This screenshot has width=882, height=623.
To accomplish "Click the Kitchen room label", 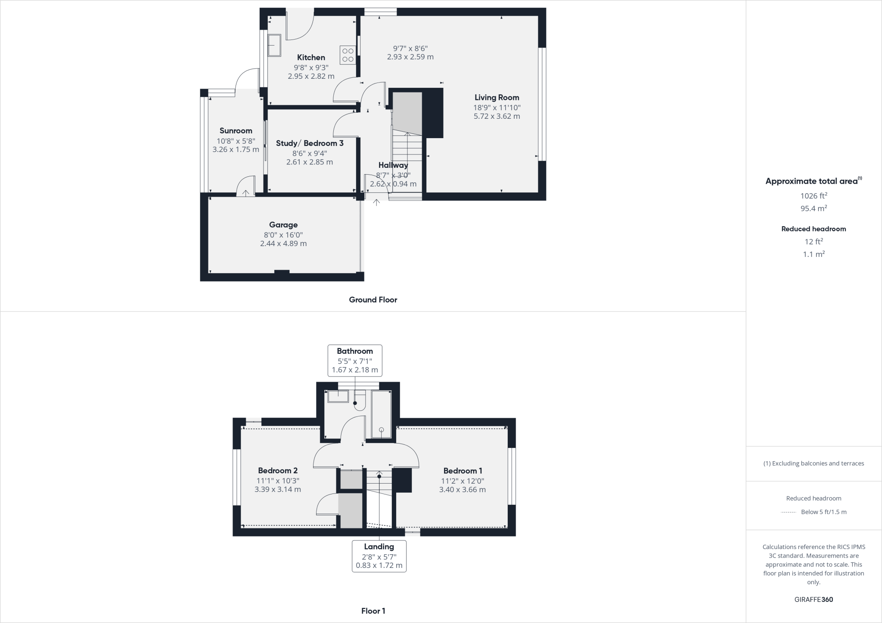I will pyautogui.click(x=311, y=58).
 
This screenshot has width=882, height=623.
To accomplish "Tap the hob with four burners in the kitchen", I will pyautogui.click(x=348, y=55).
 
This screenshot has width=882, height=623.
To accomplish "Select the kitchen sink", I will pyautogui.click(x=274, y=46).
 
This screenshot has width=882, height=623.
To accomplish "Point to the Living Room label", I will pyautogui.click(x=497, y=98).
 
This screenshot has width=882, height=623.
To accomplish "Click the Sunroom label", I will pyautogui.click(x=236, y=131).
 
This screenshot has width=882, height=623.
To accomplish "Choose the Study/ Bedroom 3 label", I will pyautogui.click(x=310, y=143).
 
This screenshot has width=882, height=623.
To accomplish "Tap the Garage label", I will pyautogui.click(x=283, y=225).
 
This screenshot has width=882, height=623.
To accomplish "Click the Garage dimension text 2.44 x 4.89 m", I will pyautogui.click(x=283, y=244).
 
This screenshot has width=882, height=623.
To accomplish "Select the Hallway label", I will pyautogui.click(x=393, y=165).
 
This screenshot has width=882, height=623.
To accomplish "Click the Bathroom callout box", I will pyautogui.click(x=355, y=361).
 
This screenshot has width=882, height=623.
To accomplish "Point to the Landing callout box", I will pyautogui.click(x=379, y=556).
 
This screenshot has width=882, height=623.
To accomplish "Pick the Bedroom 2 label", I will pyautogui.click(x=278, y=471).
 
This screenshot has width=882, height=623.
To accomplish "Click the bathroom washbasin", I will pyautogui.click(x=338, y=396).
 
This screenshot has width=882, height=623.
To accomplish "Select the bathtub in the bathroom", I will pyautogui.click(x=382, y=414).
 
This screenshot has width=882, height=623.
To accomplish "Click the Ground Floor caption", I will pyautogui.click(x=373, y=300).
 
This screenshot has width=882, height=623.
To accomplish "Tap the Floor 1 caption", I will pyautogui.click(x=373, y=611).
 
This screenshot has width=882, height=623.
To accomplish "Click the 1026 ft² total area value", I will pyautogui.click(x=814, y=196).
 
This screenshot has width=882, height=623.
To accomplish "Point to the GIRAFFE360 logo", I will pyautogui.click(x=814, y=599).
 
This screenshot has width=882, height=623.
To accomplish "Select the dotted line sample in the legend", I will pyautogui.click(x=789, y=512).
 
